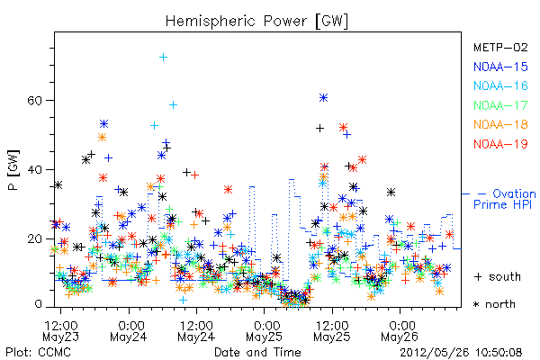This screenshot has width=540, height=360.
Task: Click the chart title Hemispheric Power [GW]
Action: click(x=256, y=22)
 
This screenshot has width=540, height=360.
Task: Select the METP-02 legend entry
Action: click(x=500, y=47)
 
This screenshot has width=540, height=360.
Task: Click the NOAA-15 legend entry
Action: click(x=500, y=67)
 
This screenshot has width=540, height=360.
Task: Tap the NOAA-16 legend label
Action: click(x=500, y=85)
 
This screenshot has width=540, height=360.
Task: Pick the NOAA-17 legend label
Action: click(x=500, y=105)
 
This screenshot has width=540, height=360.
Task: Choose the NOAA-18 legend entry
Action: click(x=500, y=124)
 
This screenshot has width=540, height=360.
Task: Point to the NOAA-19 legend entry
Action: click(x=500, y=144)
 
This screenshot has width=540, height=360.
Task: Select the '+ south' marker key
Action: click(x=498, y=276)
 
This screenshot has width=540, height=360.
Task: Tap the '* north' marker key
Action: click(x=494, y=304)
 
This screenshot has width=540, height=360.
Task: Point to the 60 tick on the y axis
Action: click(x=34, y=101)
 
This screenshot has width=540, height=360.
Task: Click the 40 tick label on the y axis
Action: click(x=34, y=170)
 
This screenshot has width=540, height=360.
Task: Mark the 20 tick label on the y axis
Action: click(x=34, y=239)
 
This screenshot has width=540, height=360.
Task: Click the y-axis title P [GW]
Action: click(x=13, y=170)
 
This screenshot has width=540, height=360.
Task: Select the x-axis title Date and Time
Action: click(x=257, y=353)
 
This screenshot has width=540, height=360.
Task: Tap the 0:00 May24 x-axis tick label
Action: click(x=129, y=331)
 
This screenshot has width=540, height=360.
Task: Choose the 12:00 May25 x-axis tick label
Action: click(x=332, y=331)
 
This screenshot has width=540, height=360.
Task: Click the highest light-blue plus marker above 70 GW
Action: click(x=163, y=58)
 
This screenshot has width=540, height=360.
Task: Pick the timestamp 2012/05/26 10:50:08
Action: click(x=461, y=353)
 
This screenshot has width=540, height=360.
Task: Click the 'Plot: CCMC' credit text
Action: click(x=38, y=353)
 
